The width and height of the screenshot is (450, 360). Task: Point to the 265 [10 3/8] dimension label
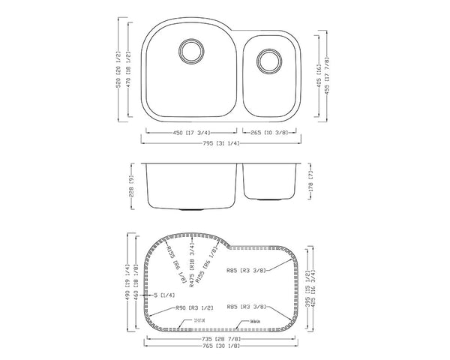coord(268,134)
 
